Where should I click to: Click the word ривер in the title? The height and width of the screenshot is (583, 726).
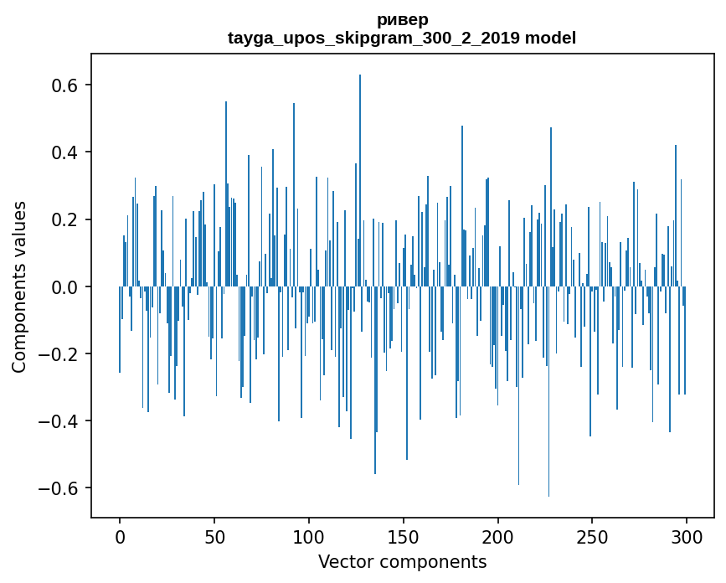pos(402,19)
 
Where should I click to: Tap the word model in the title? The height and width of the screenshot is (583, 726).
pos(550,38)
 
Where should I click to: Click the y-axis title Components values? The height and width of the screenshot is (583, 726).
pos(19,286)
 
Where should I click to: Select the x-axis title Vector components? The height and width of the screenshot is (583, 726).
pos(402,561)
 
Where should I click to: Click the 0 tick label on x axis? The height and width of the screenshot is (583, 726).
pos(120,536)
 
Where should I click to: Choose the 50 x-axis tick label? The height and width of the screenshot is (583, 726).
pos(214,536)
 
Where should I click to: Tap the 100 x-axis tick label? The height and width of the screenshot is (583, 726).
pos(309,536)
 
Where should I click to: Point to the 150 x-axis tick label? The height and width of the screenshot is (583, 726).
pos(404,536)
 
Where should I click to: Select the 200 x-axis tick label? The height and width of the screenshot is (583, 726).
pos(498,536)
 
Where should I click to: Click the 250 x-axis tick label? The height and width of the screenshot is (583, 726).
pos(593,536)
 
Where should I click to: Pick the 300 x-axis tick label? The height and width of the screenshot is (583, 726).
pos(687,536)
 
